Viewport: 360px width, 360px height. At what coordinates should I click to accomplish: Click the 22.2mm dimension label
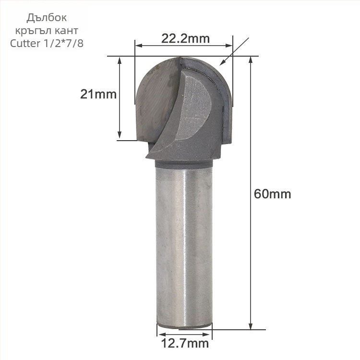185,38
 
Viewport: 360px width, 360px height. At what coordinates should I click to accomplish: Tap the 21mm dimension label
98,94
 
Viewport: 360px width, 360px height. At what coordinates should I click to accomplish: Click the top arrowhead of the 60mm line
250,60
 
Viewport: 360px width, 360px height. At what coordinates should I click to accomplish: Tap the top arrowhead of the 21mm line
119,60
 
